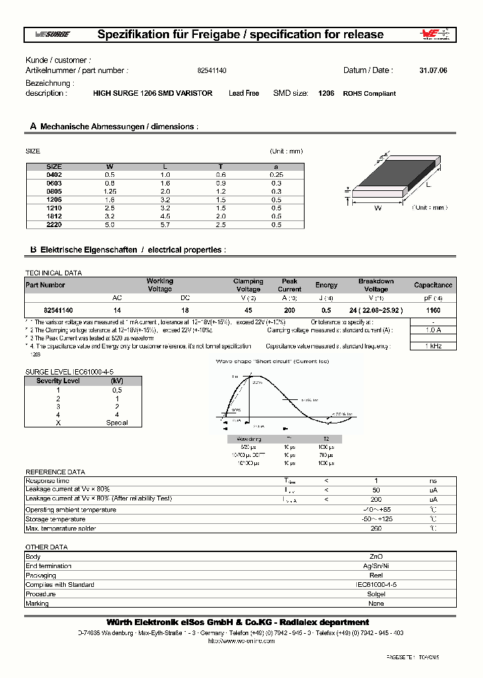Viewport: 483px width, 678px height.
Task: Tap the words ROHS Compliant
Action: (369, 94)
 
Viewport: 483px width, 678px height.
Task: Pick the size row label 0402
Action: (53, 174)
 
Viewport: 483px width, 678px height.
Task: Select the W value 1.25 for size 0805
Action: (110, 191)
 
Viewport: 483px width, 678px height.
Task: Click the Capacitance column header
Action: (433, 285)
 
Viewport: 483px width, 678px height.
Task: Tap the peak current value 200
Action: (289, 311)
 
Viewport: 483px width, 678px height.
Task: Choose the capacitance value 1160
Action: (433, 311)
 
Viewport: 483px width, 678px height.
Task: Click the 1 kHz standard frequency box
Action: (433, 346)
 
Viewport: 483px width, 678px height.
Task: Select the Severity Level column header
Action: (58, 381)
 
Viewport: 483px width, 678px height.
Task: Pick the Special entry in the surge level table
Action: (117, 423)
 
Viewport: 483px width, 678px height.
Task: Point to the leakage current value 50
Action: (376, 490)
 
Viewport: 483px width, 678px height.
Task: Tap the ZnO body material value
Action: (376, 557)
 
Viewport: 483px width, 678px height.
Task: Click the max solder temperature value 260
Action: (376, 529)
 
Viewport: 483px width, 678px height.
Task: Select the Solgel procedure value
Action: (376, 594)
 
